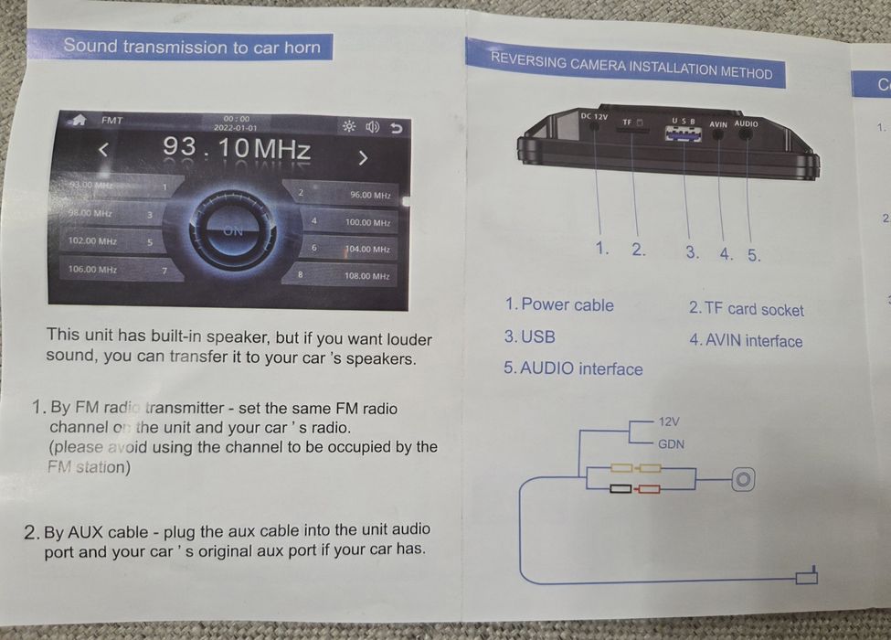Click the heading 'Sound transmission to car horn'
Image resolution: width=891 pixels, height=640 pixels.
[x=192, y=46]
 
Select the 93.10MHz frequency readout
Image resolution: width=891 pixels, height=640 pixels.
[x=237, y=148]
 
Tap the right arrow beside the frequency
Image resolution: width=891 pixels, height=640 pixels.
[x=363, y=158]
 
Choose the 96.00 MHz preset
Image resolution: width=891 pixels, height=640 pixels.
[x=368, y=195]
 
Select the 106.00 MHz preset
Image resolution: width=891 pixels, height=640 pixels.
[x=92, y=270]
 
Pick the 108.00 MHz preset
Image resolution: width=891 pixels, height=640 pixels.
[x=366, y=275]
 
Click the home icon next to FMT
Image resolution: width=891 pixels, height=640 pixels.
[x=79, y=120]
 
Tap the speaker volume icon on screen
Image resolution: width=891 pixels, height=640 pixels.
[x=372, y=127]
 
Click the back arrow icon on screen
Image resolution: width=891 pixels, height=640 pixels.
[x=395, y=127]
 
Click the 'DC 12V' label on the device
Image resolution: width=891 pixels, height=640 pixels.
[x=594, y=116]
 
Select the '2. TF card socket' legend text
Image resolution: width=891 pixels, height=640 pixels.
[x=746, y=310]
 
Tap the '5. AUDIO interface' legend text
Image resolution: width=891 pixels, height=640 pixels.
[x=573, y=369]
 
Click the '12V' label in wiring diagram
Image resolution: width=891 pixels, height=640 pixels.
[x=669, y=421]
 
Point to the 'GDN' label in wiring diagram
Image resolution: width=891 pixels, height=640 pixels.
[x=671, y=444]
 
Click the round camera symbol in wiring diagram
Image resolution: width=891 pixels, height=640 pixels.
[x=744, y=479]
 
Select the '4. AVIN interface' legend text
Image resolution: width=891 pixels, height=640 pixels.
[x=746, y=341]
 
